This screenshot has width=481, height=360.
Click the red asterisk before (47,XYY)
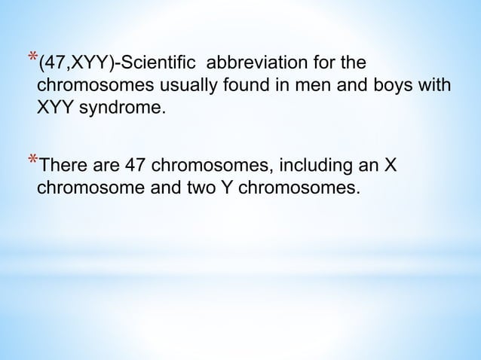31,57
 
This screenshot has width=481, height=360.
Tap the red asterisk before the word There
31,160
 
